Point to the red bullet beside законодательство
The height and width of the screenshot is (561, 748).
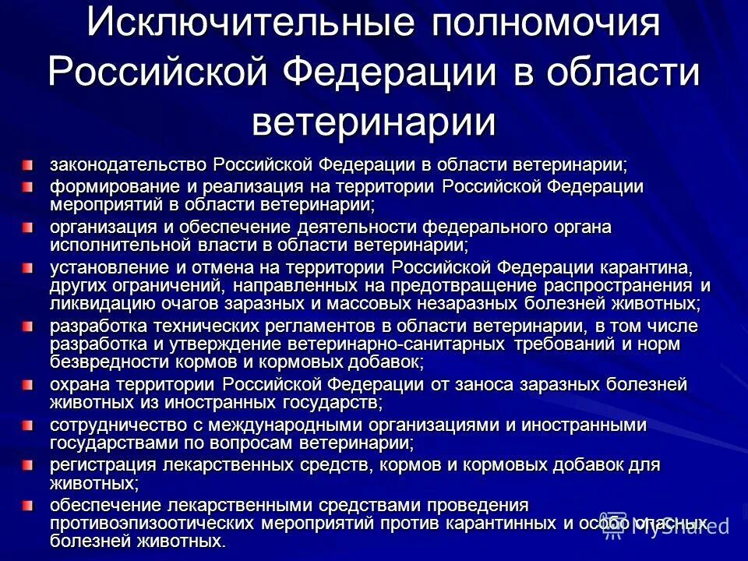click(x=28, y=164)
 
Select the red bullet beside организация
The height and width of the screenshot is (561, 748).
click(x=28, y=227)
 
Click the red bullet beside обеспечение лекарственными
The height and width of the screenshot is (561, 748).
click(x=28, y=505)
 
